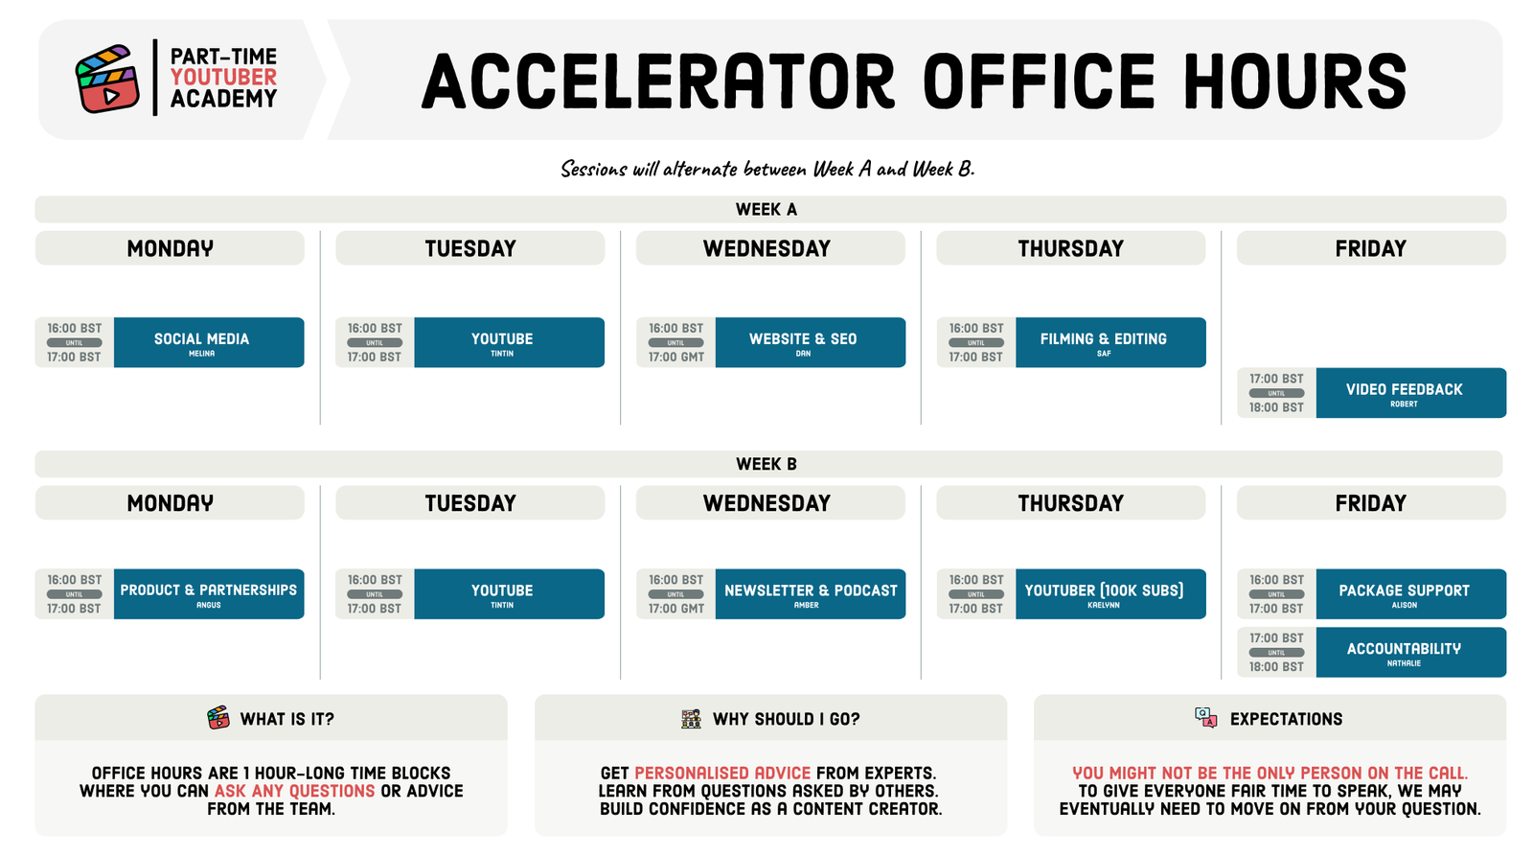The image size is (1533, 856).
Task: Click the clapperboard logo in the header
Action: tap(107, 79)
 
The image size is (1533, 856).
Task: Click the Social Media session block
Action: tap(209, 342)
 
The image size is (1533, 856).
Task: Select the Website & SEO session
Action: tap(811, 342)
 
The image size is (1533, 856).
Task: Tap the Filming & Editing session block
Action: tap(1110, 342)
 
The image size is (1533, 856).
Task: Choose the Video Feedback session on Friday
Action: tap(1411, 393)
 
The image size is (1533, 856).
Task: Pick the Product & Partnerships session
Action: tap(209, 593)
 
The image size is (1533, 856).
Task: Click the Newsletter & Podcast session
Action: tap(811, 593)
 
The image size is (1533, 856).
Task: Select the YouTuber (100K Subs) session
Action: tap(1110, 593)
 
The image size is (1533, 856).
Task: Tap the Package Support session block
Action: tap(1411, 593)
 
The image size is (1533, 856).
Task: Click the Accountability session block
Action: tap(1411, 652)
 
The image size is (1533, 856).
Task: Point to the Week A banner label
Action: tap(766, 210)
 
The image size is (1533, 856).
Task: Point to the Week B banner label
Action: tap(766, 464)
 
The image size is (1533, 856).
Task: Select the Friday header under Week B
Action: tap(1371, 502)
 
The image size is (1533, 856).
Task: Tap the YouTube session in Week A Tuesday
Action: tap(509, 342)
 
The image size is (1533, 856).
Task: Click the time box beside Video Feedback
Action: tap(1276, 393)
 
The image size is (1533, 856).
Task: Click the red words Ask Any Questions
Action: tap(294, 791)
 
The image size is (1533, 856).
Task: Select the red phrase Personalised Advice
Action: tap(722, 774)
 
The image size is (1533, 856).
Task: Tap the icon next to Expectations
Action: tap(1206, 718)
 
